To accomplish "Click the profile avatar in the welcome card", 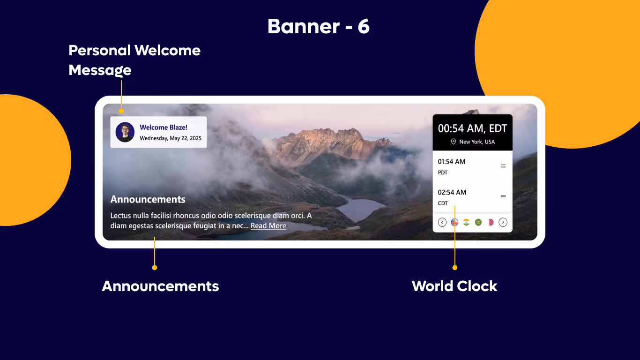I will pyautogui.click(x=125, y=132).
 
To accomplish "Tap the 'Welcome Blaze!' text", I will pyautogui.click(x=164, y=127).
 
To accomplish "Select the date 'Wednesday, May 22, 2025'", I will pyautogui.click(x=171, y=138).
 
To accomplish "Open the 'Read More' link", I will pyautogui.click(x=268, y=226).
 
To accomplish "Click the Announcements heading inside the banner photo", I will pyautogui.click(x=148, y=199).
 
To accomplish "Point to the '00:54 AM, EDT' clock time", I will pyautogui.click(x=472, y=128).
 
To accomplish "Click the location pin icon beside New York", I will pyautogui.click(x=453, y=142).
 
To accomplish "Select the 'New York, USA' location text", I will pyautogui.click(x=477, y=142).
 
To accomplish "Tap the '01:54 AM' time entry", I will pyautogui.click(x=452, y=162).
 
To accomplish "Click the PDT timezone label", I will pyautogui.click(x=443, y=172).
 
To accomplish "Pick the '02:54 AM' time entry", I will pyautogui.click(x=452, y=192).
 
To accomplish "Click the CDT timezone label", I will pyautogui.click(x=443, y=203).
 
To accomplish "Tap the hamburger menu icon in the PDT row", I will pyautogui.click(x=503, y=166).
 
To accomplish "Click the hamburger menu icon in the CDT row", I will pyautogui.click(x=503, y=197).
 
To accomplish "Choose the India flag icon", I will pyautogui.click(x=466, y=222).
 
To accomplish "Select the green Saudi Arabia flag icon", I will pyautogui.click(x=478, y=222).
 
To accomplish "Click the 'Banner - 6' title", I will pyautogui.click(x=319, y=27).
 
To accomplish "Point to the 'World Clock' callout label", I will pyautogui.click(x=454, y=286).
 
